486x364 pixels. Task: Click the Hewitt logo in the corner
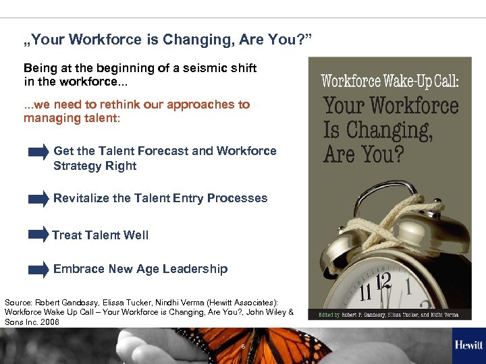click(468, 345)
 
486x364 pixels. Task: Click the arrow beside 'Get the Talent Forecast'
click(38, 152)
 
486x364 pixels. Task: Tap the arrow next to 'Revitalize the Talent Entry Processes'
click(38, 199)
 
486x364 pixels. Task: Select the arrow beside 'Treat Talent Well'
click(38, 235)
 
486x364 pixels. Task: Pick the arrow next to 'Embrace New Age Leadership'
click(38, 270)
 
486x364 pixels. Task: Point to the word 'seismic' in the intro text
click(198, 68)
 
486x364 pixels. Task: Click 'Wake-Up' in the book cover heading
click(404, 82)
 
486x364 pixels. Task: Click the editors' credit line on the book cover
click(389, 315)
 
